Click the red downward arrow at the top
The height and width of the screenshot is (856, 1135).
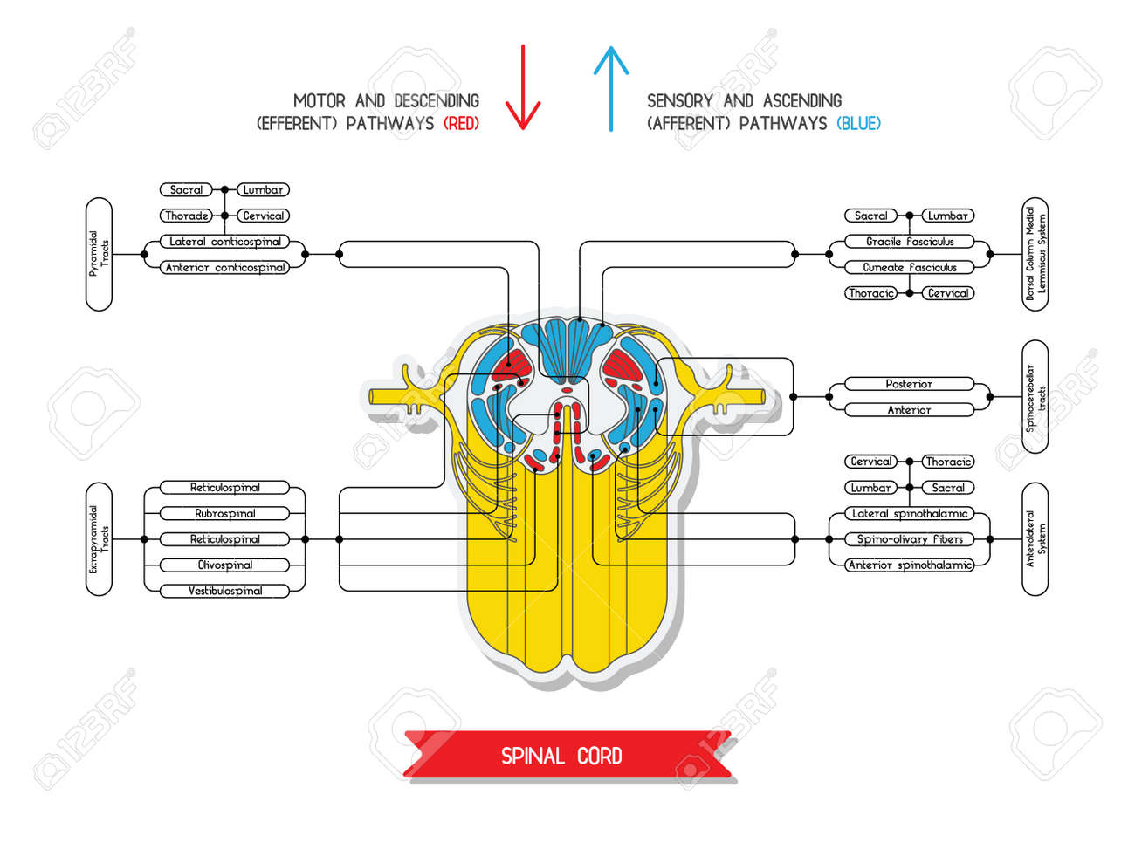[523, 87]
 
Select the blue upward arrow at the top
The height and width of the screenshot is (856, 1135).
[611, 87]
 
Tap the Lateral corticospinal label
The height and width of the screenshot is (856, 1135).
[225, 242]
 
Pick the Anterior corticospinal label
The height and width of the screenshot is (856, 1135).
[225, 268]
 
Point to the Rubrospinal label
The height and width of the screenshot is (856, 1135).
[225, 513]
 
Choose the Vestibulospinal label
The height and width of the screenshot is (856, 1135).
[225, 591]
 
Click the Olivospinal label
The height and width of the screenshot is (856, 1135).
[225, 565]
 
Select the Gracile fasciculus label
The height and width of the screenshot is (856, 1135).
[909, 242]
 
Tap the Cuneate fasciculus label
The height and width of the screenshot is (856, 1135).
[909, 268]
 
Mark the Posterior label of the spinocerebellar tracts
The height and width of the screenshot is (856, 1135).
[909, 384]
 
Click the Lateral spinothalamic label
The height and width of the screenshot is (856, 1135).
[909, 514]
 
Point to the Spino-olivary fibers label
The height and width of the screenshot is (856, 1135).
[909, 539]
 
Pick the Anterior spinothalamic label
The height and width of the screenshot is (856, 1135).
[909, 565]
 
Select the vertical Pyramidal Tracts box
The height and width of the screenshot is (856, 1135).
[99, 254]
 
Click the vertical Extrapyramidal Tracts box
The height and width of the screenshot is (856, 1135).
[99, 538]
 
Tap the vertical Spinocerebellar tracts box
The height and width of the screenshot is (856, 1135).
[1035, 397]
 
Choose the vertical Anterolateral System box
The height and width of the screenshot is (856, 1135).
[1035, 538]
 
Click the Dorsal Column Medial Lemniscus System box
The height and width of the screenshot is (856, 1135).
[1035, 254]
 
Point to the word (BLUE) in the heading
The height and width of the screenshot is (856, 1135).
[858, 124]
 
